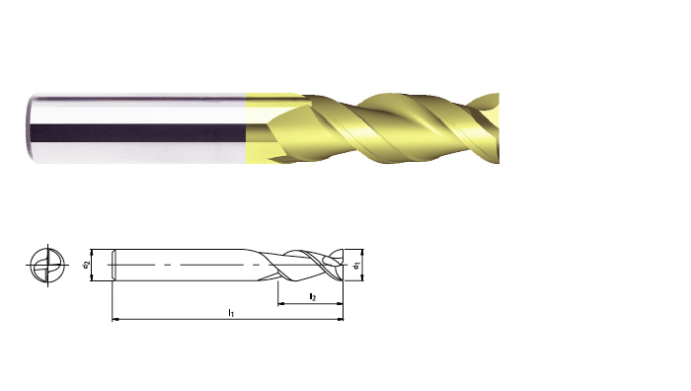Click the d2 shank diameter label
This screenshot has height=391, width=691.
86,265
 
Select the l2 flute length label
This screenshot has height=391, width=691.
313,297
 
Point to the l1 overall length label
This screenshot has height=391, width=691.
231,313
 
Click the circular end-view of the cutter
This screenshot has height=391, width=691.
47,265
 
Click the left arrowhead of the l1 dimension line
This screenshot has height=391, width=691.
115,318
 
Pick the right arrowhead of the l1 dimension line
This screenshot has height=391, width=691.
340,318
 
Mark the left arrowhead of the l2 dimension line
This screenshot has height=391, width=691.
281,303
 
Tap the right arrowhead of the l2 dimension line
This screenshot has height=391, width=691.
340,303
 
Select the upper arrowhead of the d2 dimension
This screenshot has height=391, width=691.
92,253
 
